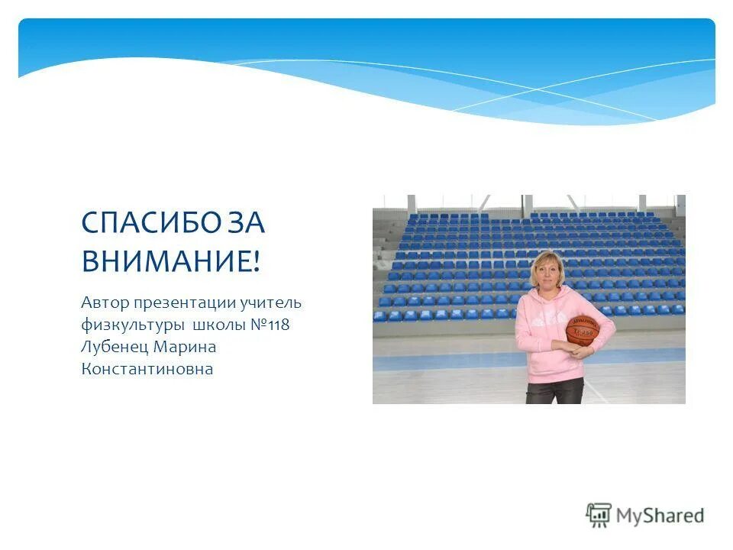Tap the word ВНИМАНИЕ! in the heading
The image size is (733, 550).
click(x=171, y=261)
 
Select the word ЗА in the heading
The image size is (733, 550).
click(x=246, y=222)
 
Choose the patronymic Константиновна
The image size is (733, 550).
click(x=147, y=370)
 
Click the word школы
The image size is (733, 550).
click(x=218, y=325)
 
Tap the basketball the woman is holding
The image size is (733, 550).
click(x=582, y=331)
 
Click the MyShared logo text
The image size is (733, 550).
click(x=660, y=516)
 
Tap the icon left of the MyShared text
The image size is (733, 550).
click(x=599, y=515)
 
